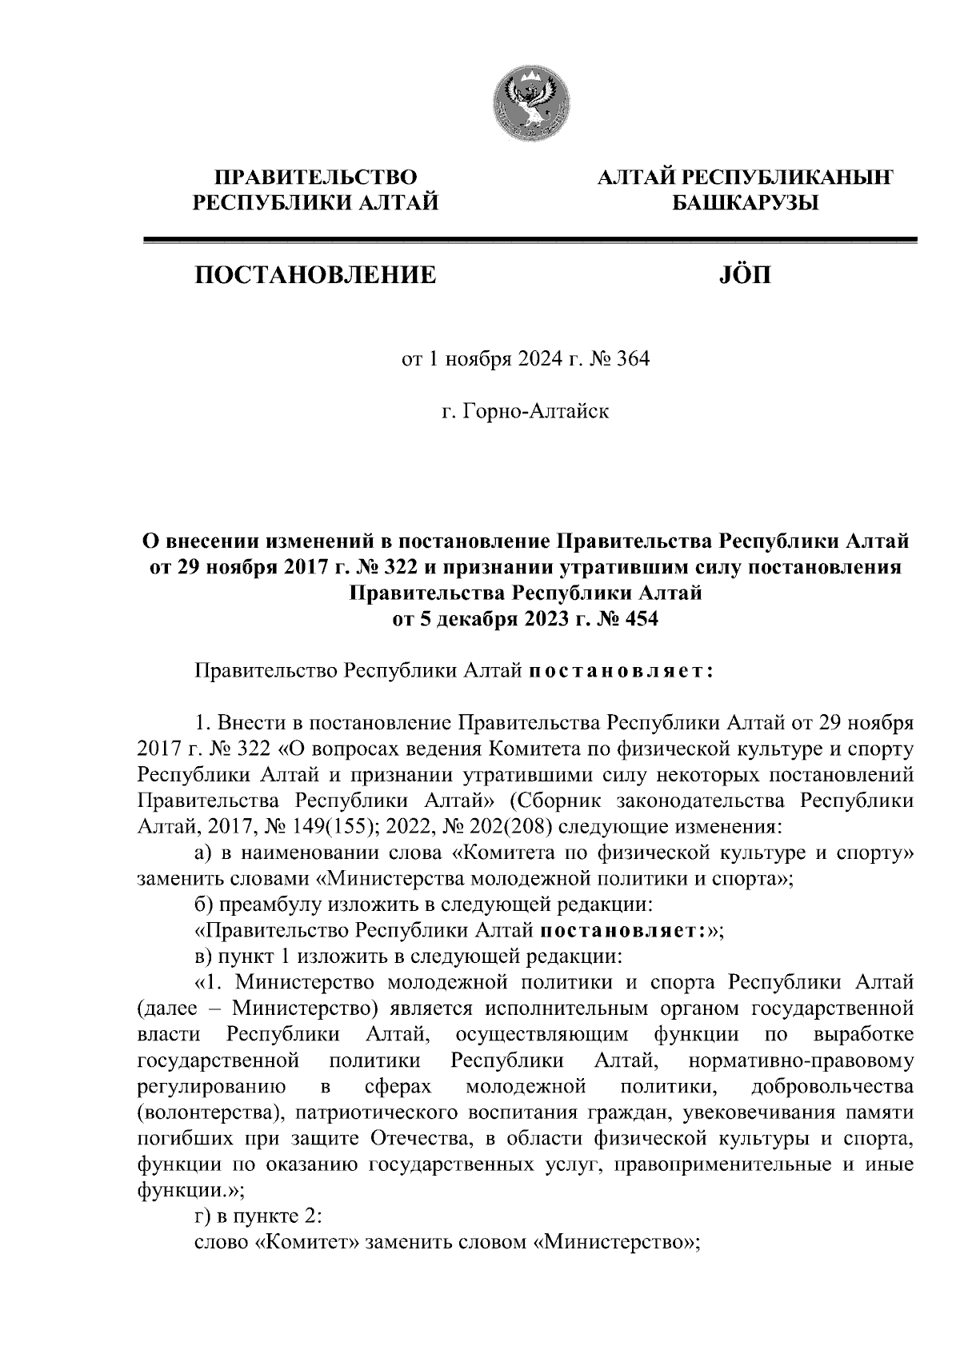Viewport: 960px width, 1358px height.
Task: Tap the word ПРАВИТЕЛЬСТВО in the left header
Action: coord(317,177)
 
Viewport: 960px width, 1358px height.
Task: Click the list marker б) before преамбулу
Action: coord(205,905)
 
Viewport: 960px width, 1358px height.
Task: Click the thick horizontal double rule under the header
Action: coord(528,239)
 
